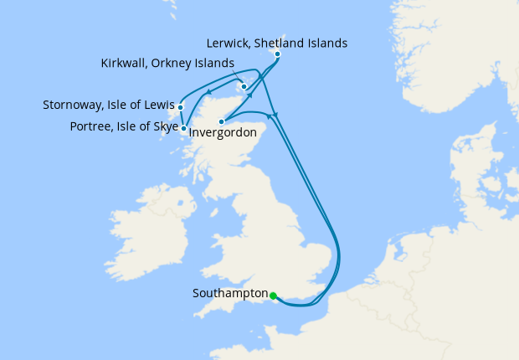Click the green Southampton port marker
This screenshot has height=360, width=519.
273,295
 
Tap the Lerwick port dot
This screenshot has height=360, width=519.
277,54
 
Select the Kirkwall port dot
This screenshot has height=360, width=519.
243,86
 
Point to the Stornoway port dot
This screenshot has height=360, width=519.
180,107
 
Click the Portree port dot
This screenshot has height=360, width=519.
183,128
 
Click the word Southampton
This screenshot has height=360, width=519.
229,294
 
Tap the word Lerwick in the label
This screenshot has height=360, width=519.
227,43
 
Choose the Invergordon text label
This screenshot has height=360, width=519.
223,132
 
